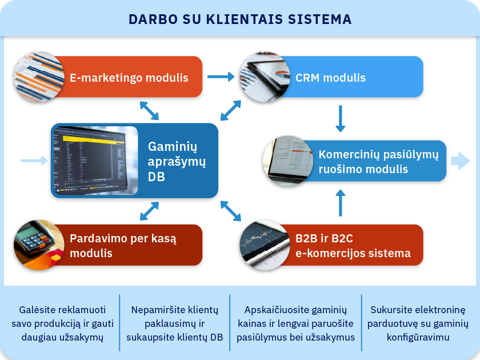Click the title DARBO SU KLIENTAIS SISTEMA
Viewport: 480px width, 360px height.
click(240, 19)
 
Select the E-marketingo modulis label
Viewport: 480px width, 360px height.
click(129, 78)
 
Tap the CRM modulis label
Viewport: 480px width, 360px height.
click(331, 78)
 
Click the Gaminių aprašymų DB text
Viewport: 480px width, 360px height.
click(177, 161)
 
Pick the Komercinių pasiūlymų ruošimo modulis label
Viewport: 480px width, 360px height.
click(378, 161)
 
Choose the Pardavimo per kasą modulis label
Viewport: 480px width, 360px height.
click(123, 246)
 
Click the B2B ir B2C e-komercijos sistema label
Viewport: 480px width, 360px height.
click(353, 246)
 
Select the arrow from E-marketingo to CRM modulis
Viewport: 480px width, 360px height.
click(221, 77)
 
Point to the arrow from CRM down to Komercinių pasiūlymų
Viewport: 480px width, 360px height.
click(341, 119)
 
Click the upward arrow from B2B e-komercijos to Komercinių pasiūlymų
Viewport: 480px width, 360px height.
click(341, 203)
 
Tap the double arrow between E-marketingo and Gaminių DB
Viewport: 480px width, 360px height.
click(149, 111)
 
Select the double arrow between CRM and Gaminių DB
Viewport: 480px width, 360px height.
click(231, 110)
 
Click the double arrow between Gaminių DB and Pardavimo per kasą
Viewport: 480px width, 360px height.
click(149, 211)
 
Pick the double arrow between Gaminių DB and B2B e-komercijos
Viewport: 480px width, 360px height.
click(231, 211)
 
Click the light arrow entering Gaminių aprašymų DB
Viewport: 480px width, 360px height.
click(34, 161)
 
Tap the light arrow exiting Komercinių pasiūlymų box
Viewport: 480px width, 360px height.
click(460, 161)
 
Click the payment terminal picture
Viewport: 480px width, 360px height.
click(39, 245)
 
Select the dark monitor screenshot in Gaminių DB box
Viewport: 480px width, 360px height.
click(95, 161)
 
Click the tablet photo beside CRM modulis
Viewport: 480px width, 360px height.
click(265, 77)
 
